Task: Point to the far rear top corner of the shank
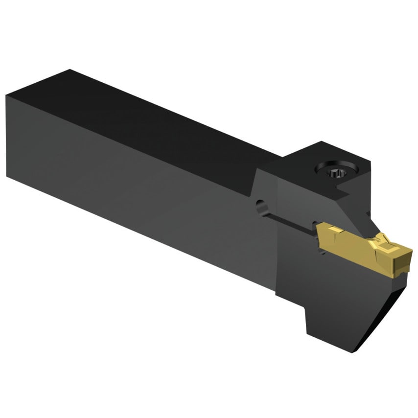[x=70, y=70]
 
